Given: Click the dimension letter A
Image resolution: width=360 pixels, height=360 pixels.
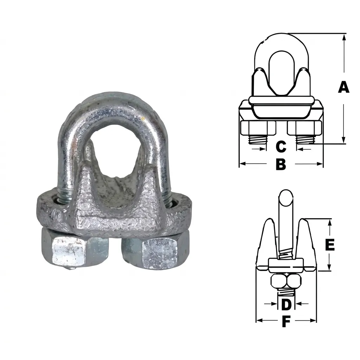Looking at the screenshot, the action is tap(343, 87).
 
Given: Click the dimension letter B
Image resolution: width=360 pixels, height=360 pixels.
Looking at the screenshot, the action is tap(281, 164).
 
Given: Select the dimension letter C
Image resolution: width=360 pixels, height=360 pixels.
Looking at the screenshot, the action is tap(281, 147).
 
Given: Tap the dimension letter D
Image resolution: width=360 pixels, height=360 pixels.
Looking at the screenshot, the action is tap(286, 304).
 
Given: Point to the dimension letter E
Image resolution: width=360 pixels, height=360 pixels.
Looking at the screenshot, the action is tap(330, 245).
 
